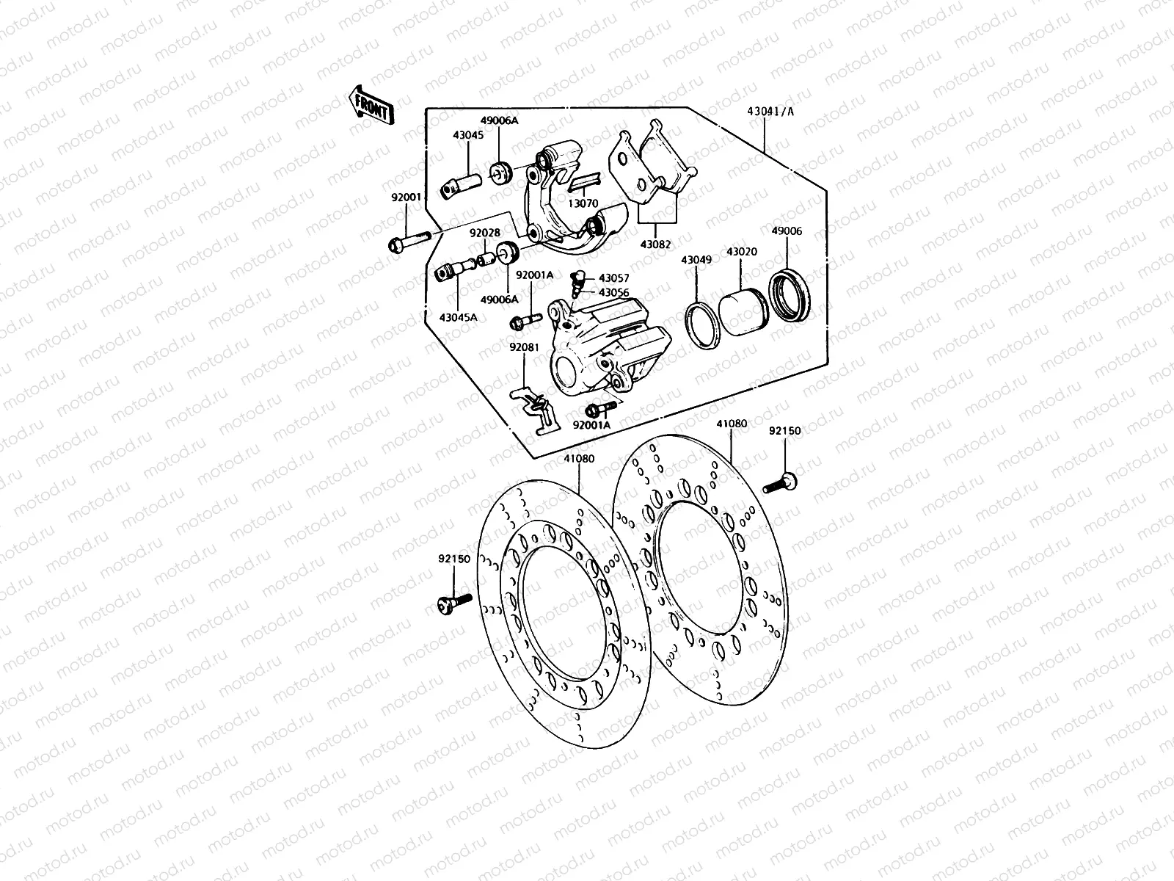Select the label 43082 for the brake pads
pyautogui.click(x=656, y=243)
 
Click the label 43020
pyautogui.click(x=741, y=252)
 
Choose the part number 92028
pyautogui.click(x=485, y=233)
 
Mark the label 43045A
pyautogui.click(x=458, y=316)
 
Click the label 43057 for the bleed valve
pyautogui.click(x=613, y=279)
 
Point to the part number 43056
pyautogui.click(x=613, y=292)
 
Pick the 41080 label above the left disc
pyautogui.click(x=579, y=459)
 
